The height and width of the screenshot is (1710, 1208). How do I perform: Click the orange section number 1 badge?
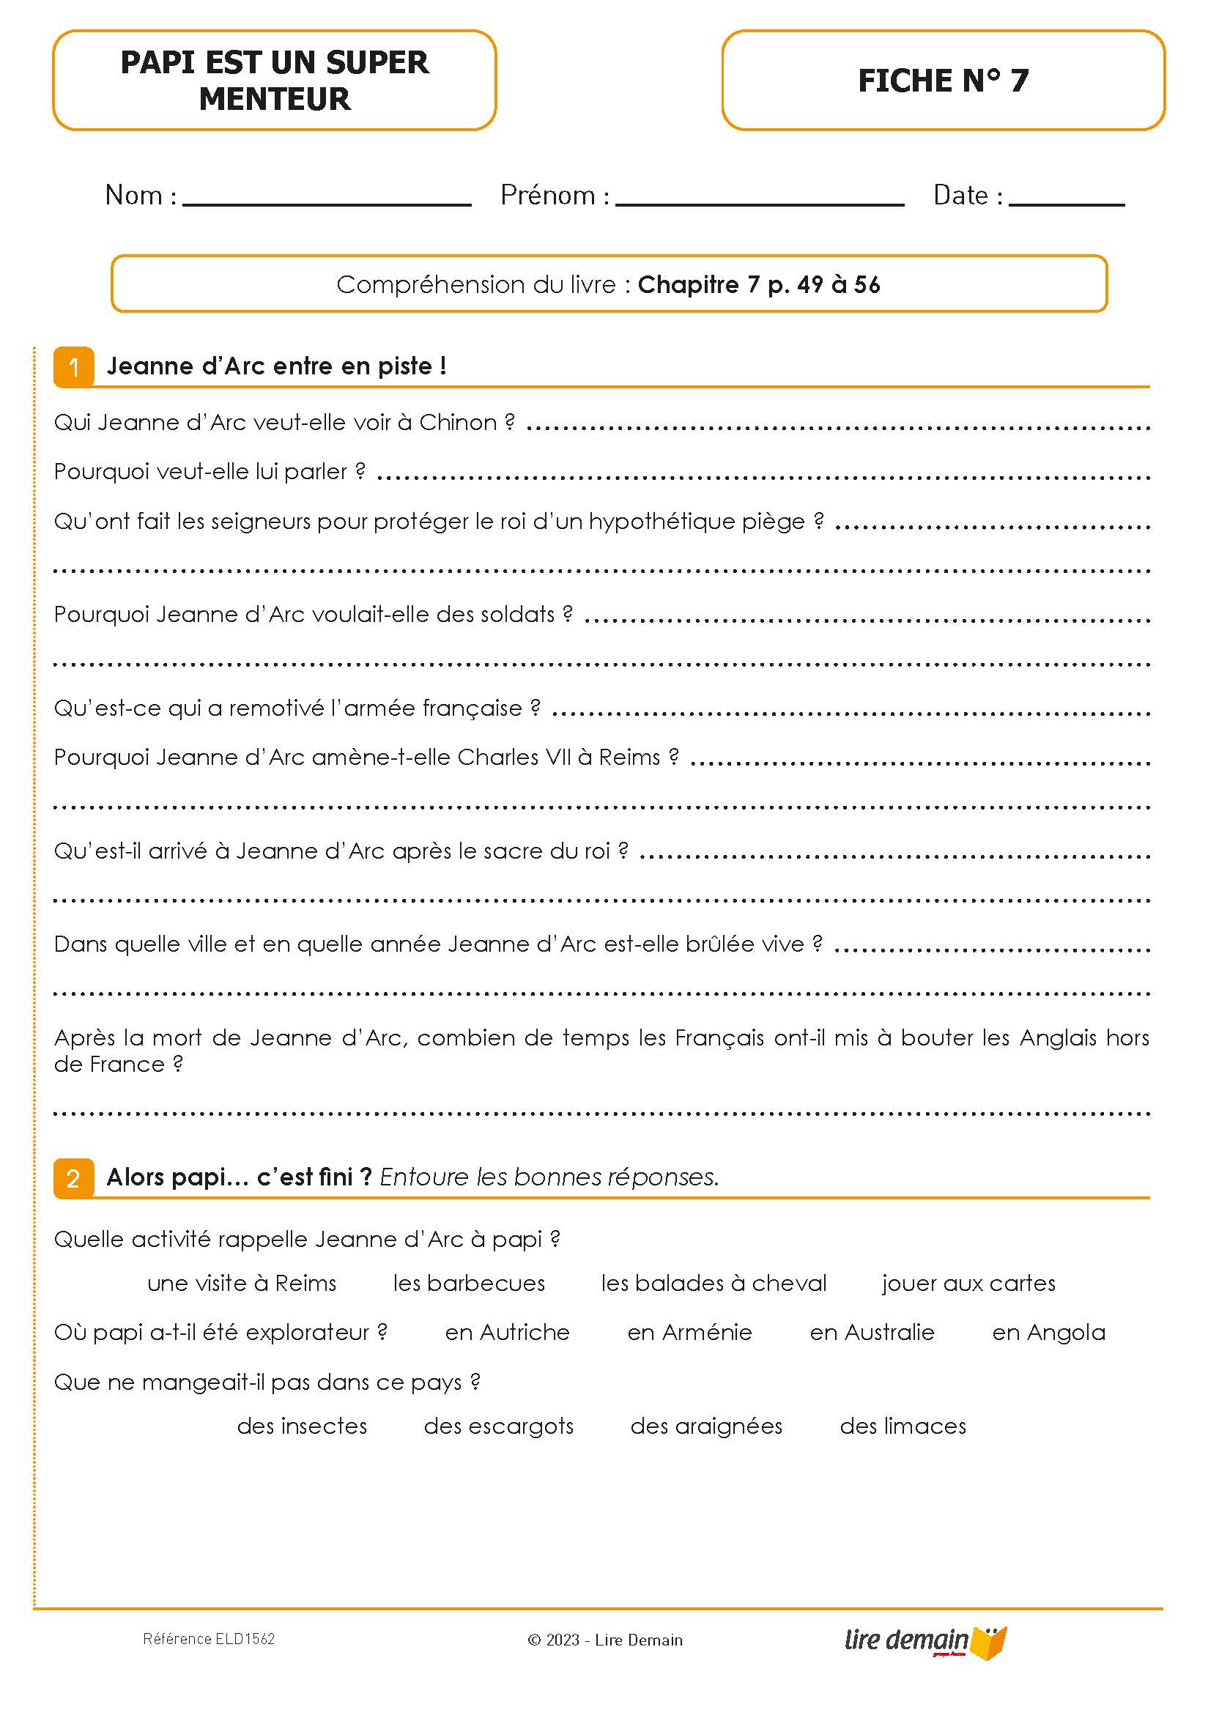pos(74,367)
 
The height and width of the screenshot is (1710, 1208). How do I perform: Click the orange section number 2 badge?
pos(74,1178)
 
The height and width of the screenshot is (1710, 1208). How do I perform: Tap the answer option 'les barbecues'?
pos(468,1284)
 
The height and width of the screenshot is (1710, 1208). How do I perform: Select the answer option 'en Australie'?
pos(871,1333)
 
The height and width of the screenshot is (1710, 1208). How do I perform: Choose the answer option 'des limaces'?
pos(903,1426)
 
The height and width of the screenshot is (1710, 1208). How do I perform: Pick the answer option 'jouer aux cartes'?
pos(968,1284)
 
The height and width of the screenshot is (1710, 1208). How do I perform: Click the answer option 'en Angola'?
pos(1048,1333)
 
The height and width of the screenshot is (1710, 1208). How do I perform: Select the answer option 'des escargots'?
pos(498,1426)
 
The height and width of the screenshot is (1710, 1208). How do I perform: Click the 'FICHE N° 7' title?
pos(943,81)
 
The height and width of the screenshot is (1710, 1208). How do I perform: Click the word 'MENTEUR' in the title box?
pos(275,99)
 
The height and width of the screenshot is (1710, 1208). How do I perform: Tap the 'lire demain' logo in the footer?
pos(924,1640)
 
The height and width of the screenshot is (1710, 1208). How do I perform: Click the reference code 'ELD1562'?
pos(245,1639)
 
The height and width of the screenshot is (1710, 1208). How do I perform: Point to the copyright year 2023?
pos(563,1640)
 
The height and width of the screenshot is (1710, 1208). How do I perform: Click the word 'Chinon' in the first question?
pos(457,422)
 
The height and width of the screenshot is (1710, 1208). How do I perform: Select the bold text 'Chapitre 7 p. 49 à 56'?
pos(759,284)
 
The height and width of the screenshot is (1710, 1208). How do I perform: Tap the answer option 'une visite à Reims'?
pos(242,1284)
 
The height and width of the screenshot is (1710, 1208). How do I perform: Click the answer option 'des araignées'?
pos(706,1426)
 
